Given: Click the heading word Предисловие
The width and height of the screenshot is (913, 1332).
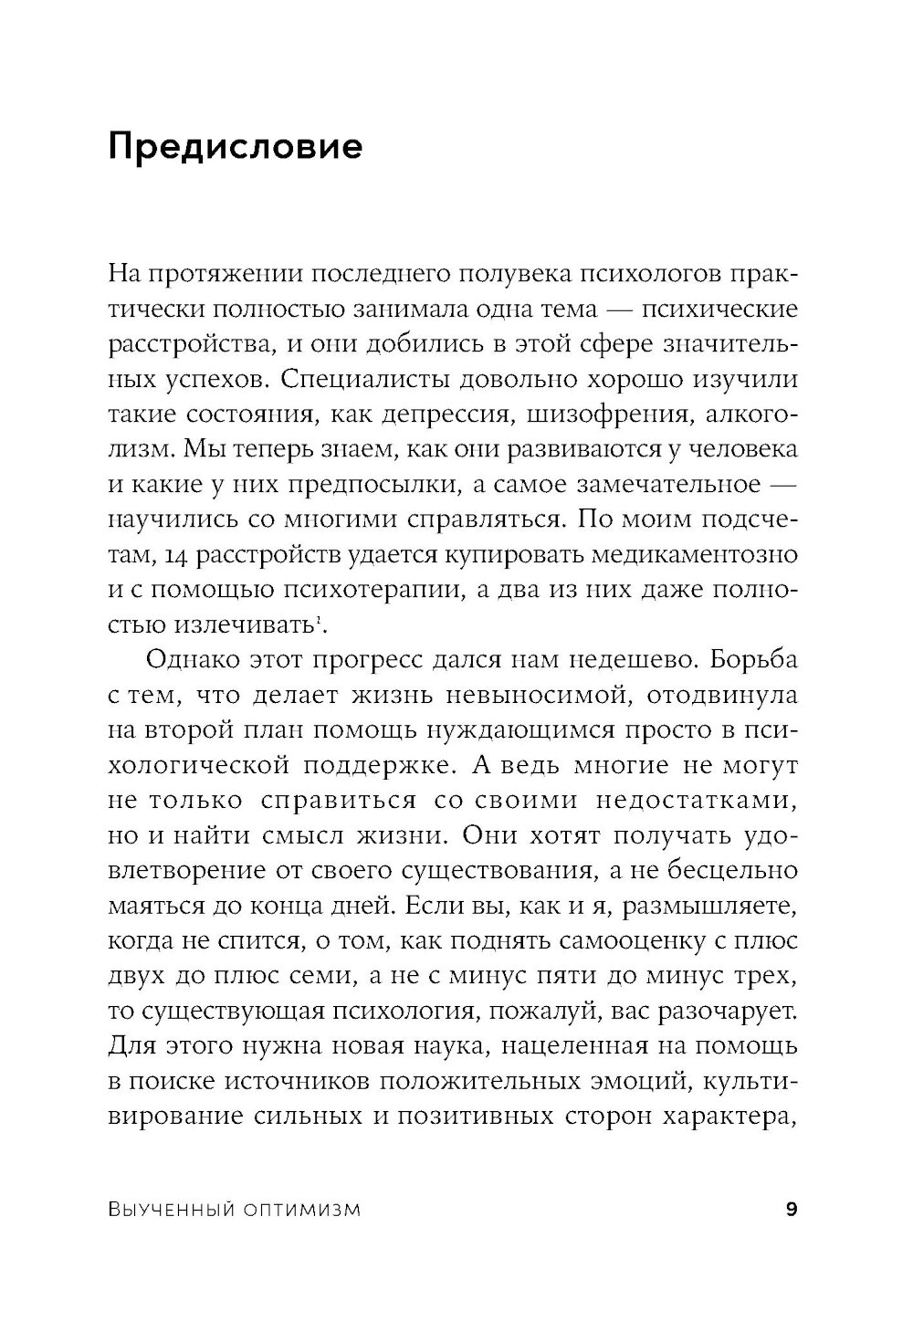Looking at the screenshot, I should tap(236, 147).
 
